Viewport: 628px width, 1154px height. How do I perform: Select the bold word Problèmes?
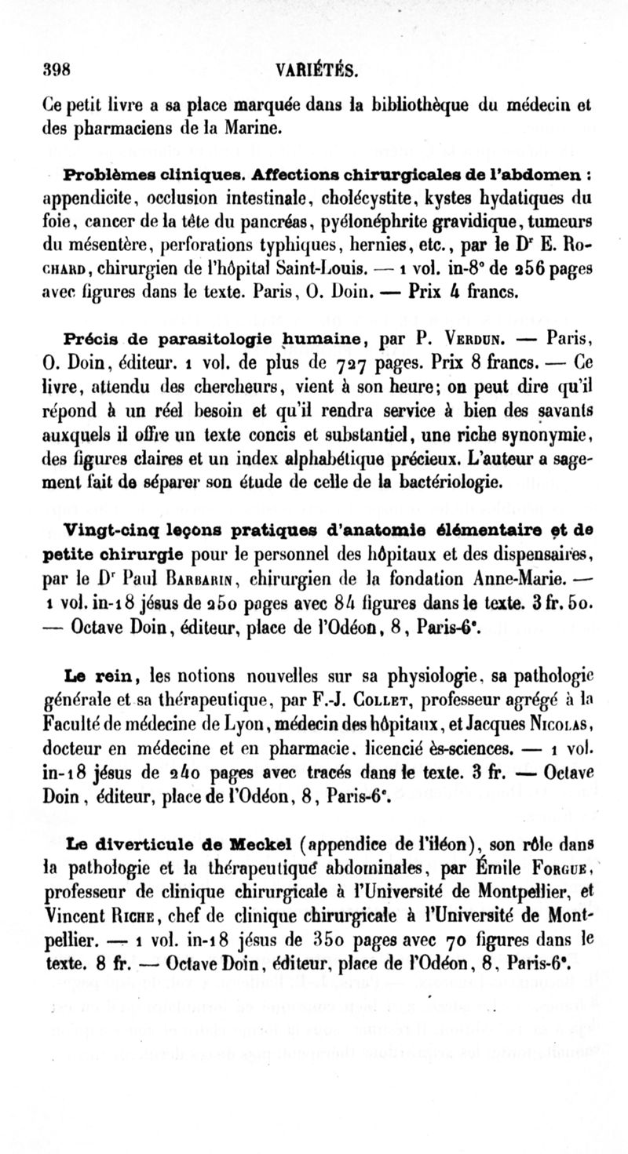[104, 171]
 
